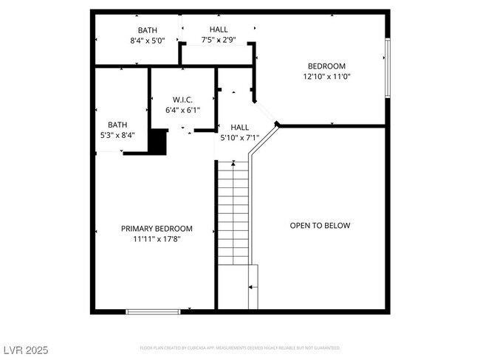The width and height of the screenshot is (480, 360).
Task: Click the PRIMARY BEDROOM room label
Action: [157, 229]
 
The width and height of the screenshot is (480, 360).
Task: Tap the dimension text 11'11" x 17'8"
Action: [157, 239]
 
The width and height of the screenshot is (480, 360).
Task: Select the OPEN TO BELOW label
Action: [320, 226]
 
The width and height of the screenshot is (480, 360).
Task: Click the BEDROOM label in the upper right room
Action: [326, 66]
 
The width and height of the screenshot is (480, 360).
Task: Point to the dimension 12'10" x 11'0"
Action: [326, 76]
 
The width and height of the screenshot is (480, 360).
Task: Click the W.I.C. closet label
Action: [182, 100]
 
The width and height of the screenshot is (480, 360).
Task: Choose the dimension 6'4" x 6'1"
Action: [182, 110]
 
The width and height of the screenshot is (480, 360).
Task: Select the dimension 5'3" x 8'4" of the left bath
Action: [117, 135]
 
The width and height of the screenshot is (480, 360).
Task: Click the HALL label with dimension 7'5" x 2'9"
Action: [218, 30]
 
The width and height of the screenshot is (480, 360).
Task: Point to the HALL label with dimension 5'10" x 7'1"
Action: [239, 127]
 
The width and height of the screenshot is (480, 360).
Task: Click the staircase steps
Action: [233, 214]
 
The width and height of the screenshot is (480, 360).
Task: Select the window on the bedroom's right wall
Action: [387, 68]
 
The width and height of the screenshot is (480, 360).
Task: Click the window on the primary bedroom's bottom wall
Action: [153, 311]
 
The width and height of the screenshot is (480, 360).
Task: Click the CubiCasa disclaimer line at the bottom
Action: [240, 347]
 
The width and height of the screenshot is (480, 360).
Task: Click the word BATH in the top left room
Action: [146, 30]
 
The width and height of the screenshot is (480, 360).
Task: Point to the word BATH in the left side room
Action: [117, 125]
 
